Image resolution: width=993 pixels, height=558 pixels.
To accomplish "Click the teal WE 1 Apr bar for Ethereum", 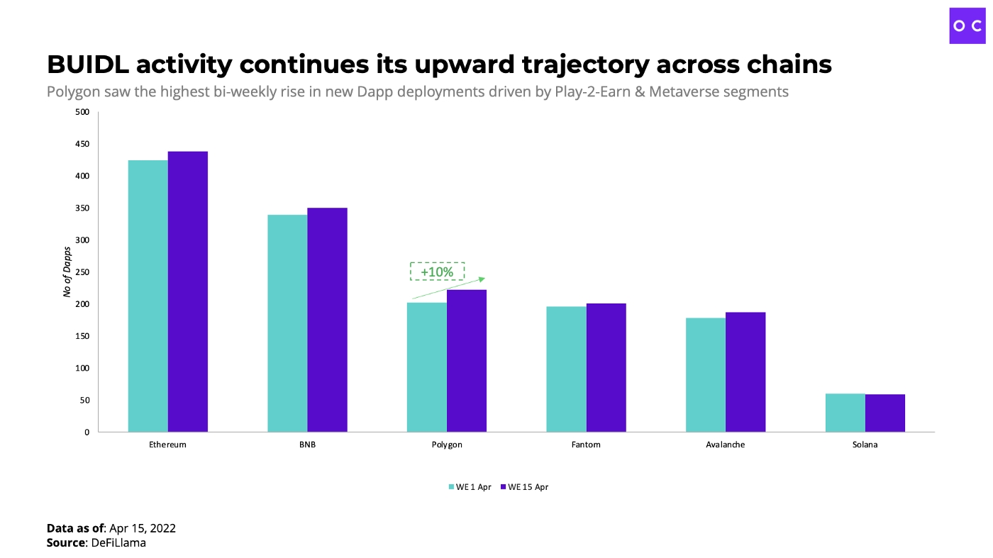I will [x=148, y=296].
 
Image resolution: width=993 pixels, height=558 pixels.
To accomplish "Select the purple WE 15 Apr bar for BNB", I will [x=327, y=320].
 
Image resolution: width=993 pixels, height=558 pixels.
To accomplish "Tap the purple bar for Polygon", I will [x=467, y=361].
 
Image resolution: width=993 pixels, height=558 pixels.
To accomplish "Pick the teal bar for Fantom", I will [x=566, y=369].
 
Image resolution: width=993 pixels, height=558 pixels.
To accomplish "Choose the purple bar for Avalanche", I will [x=745, y=372].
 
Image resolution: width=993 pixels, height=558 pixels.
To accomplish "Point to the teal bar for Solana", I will [x=845, y=413].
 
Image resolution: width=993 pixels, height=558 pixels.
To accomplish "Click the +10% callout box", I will [x=437, y=272].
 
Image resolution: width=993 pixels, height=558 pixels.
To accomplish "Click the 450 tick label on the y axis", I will [x=82, y=144].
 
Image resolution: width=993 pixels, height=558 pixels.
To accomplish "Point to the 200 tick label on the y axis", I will [x=82, y=304].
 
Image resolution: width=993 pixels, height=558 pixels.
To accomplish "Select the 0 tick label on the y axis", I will [x=87, y=432].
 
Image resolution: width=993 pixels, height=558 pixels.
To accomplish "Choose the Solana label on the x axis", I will [x=865, y=445].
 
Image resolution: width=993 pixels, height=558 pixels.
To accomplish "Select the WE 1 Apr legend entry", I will [x=469, y=487].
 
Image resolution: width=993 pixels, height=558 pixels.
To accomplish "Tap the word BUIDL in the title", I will [x=88, y=65].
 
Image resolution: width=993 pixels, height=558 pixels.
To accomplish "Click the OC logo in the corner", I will [x=967, y=26].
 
